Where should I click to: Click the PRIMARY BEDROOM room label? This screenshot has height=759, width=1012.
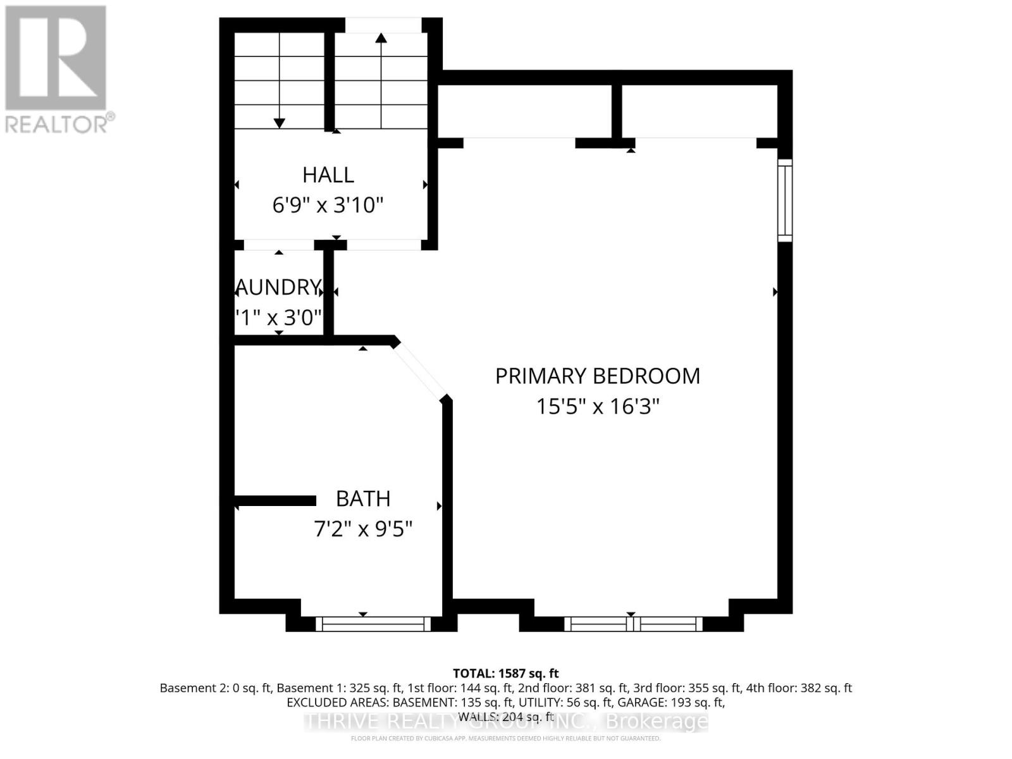tap(597, 376)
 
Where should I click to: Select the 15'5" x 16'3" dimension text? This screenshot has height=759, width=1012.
tap(597, 406)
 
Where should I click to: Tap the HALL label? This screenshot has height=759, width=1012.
tap(328, 175)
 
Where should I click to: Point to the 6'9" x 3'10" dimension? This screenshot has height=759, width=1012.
tap(328, 206)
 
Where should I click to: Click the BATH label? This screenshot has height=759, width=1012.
tap(363, 499)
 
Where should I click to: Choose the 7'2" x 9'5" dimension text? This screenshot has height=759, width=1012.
tap(363, 529)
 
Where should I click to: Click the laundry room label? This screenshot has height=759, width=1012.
tap(278, 287)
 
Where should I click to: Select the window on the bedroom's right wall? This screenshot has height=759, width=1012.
tap(784, 200)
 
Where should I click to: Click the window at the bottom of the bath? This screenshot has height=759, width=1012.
tap(373, 624)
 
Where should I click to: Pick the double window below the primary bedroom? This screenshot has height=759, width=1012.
tap(633, 624)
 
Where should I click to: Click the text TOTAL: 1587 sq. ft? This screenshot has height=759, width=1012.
tap(505, 674)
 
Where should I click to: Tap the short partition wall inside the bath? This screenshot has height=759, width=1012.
tap(276, 501)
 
